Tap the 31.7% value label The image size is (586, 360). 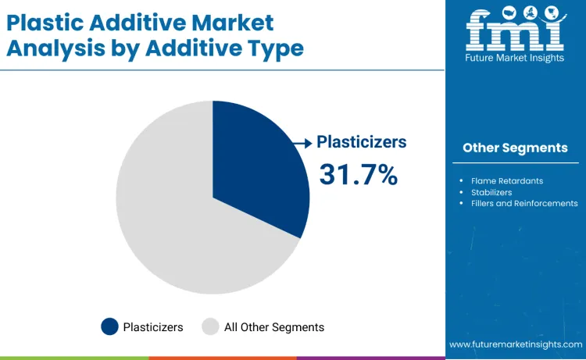tap(358, 175)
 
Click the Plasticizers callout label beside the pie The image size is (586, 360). tap(361, 142)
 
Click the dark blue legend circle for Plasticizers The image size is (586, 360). tap(110, 327)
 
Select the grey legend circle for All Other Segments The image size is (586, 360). tap(210, 327)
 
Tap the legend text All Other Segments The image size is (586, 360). tap(274, 327)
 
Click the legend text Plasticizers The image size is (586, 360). tap(153, 327)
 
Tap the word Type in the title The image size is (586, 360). tap(273, 48)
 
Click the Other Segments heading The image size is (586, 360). tap(515, 148)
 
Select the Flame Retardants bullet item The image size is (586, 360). tap(507, 180)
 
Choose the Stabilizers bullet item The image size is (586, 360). tap(491, 191)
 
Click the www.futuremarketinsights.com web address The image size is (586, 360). tap(516, 344)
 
